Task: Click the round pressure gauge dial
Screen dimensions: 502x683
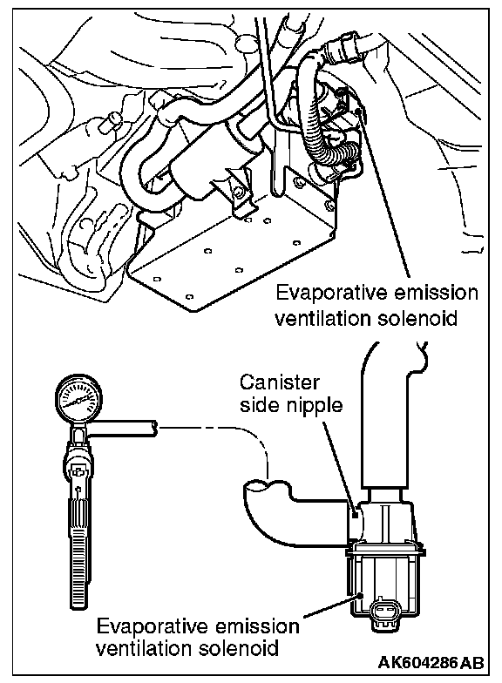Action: (80, 398)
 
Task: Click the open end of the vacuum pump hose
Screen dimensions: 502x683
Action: (153, 429)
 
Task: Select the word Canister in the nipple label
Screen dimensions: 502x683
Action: (279, 382)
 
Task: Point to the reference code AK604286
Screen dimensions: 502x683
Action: (418, 662)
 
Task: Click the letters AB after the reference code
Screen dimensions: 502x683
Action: (472, 662)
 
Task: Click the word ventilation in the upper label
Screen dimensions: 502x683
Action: (320, 318)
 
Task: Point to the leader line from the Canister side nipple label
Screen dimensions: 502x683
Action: (340, 467)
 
